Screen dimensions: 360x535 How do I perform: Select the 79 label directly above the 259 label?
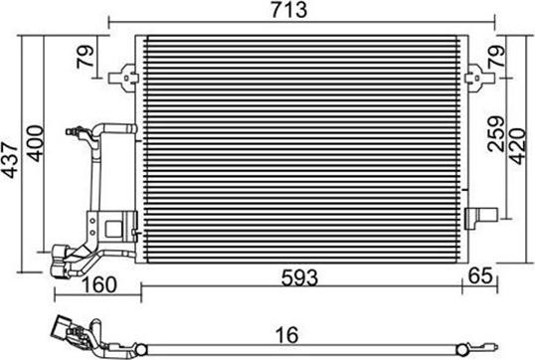coord(494,60)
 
